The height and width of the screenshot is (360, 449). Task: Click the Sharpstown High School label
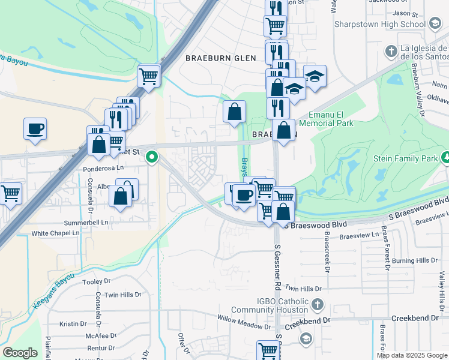(x=380, y=24)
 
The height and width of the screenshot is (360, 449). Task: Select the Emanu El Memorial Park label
(x=331, y=119)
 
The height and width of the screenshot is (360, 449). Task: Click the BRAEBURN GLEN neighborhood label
(x=220, y=58)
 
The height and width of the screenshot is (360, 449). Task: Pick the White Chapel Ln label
(x=55, y=233)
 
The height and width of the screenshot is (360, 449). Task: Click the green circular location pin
(x=152, y=158)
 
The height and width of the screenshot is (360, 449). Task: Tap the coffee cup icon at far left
(x=35, y=128)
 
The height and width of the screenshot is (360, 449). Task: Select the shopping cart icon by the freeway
(x=149, y=76)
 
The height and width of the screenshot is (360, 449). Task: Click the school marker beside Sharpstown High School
(x=435, y=24)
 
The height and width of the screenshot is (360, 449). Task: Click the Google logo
(x=20, y=353)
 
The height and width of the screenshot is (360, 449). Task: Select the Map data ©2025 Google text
(x=412, y=355)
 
